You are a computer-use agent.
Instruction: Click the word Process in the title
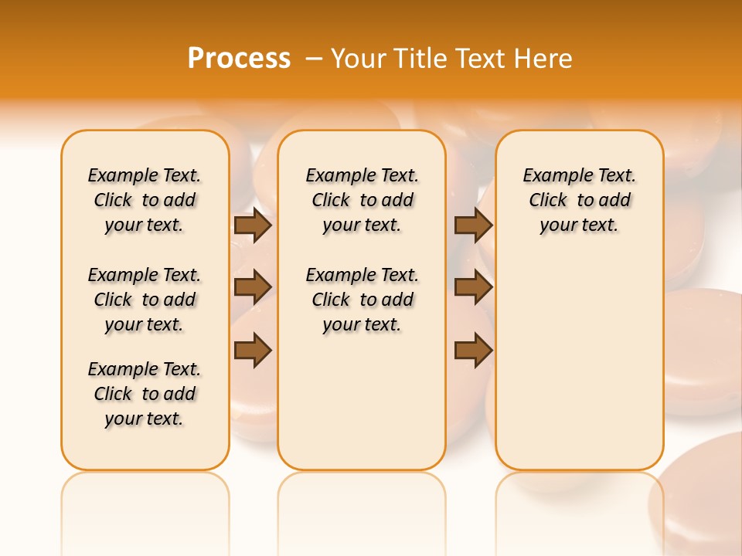point(239,58)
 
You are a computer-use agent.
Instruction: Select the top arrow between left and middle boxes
point(252,225)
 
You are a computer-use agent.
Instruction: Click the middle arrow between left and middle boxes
point(252,287)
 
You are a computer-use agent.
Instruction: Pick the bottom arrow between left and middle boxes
point(252,351)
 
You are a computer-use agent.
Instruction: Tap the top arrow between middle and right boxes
point(473,225)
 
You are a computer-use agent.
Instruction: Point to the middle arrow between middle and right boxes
point(473,287)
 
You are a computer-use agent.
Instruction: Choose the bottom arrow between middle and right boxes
point(473,351)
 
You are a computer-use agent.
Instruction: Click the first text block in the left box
point(145,200)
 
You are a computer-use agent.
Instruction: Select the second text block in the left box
point(145,300)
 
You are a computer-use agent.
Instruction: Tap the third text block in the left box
point(145,394)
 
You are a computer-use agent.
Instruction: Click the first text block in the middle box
point(362,200)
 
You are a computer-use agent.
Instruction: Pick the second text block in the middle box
point(362,300)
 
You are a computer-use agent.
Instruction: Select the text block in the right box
point(580,200)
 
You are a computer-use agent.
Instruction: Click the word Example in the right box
point(554,176)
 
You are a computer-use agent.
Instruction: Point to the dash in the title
point(314,58)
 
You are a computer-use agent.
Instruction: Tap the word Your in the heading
point(359,58)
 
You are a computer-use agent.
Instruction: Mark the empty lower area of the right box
point(580,363)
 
